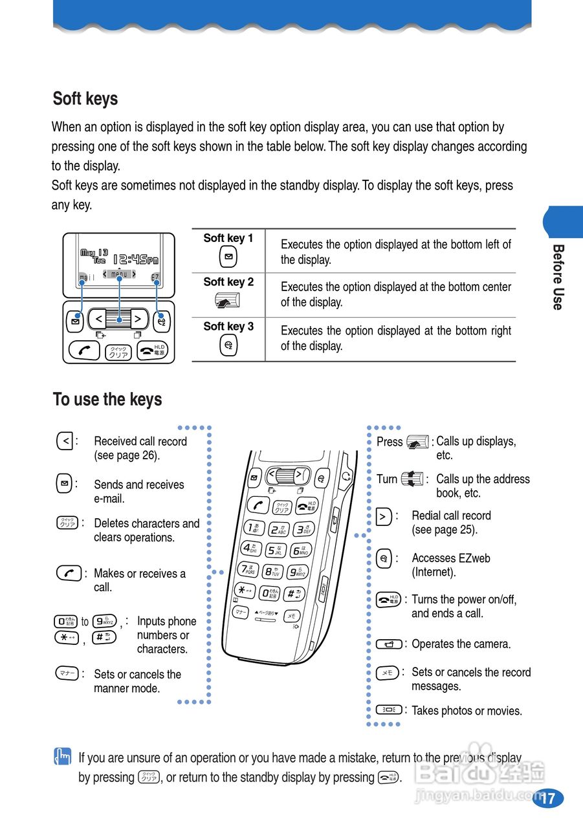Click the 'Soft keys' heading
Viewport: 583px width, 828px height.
pyautogui.click(x=85, y=99)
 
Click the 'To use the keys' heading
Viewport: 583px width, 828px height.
pyautogui.click(x=107, y=400)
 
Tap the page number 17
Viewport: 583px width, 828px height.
pyautogui.click(x=547, y=798)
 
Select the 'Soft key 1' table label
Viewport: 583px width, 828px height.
pyautogui.click(x=228, y=238)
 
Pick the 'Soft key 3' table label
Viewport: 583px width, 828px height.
pyautogui.click(x=228, y=327)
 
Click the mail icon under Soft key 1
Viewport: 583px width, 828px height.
pyautogui.click(x=228, y=257)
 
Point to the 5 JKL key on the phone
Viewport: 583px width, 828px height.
pyautogui.click(x=275, y=551)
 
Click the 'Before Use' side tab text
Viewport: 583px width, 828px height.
pyautogui.click(x=558, y=277)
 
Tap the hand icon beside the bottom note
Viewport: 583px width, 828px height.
pyautogui.click(x=62, y=757)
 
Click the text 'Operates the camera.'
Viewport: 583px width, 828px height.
pyautogui.click(x=461, y=644)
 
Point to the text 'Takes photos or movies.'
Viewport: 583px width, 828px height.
pyautogui.click(x=467, y=711)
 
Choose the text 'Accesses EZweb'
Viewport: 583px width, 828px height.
pyautogui.click(x=451, y=558)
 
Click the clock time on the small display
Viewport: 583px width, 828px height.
pyautogui.click(x=136, y=260)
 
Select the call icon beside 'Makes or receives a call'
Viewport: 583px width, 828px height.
pyautogui.click(x=69, y=573)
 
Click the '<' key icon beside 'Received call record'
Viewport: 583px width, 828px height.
pyautogui.click(x=65, y=442)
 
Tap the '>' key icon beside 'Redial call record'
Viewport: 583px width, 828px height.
pyautogui.click(x=384, y=516)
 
